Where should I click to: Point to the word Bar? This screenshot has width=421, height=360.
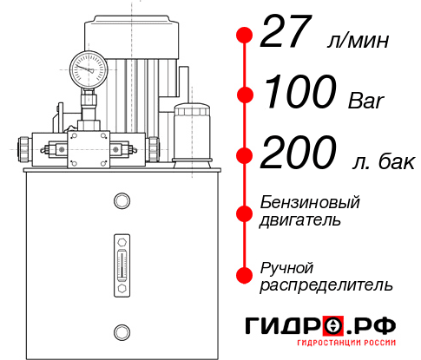(x=366, y=101)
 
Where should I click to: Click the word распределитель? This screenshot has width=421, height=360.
(x=326, y=284)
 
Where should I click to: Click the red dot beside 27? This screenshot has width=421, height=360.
(x=245, y=35)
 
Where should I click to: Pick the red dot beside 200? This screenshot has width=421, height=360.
(x=245, y=156)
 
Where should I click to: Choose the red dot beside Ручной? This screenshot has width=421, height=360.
(x=245, y=274)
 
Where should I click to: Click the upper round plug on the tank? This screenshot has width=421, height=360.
(x=121, y=202)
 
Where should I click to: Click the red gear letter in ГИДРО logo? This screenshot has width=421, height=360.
(x=333, y=326)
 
